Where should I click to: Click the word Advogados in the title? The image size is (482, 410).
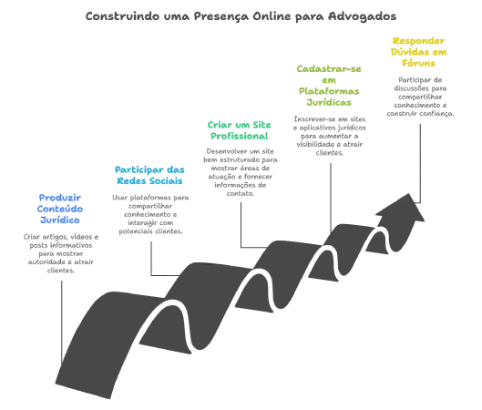click(x=362, y=16)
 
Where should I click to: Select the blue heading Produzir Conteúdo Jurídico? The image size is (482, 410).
click(x=60, y=209)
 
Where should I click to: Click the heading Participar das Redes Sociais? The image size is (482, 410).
click(x=149, y=175)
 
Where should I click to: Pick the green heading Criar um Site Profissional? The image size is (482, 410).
click(x=239, y=130)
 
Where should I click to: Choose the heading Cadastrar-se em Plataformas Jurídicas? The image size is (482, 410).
click(x=329, y=86)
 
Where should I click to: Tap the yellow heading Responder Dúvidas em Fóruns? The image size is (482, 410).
click(x=419, y=52)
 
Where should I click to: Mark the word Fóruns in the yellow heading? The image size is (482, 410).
click(x=419, y=63)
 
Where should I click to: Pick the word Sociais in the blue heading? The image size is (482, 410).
click(x=168, y=180)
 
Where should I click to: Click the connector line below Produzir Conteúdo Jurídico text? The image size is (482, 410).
click(x=61, y=322)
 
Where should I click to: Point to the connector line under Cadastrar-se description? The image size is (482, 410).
click(x=331, y=198)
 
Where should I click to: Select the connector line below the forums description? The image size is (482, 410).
click(x=420, y=163)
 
